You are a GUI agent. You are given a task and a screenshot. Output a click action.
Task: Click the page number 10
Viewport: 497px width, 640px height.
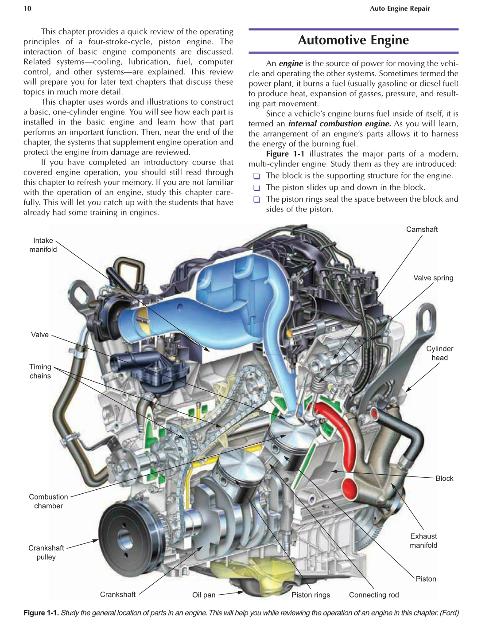pyautogui.click(x=27, y=8)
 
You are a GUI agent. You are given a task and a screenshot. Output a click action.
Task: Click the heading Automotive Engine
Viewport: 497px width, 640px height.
pyautogui.click(x=353, y=40)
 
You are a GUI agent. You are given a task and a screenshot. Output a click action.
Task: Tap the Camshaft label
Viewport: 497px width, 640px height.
pyautogui.click(x=422, y=229)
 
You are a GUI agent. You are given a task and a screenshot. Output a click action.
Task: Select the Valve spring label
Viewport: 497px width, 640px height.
pyautogui.click(x=433, y=278)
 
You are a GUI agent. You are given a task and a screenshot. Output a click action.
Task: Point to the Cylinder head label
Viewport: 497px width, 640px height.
pyautogui.click(x=439, y=353)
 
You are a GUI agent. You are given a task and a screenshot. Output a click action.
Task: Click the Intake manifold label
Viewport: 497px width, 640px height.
pyautogui.click(x=43, y=245)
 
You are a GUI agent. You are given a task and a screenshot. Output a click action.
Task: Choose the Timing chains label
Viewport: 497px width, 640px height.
pyautogui.click(x=40, y=371)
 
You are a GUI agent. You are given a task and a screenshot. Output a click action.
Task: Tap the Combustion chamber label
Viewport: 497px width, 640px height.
pyautogui.click(x=48, y=501)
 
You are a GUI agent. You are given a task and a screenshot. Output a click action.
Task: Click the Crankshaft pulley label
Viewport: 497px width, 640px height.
pyautogui.click(x=46, y=552)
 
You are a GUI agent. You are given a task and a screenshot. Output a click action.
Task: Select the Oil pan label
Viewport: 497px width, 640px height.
pyautogui.click(x=204, y=595)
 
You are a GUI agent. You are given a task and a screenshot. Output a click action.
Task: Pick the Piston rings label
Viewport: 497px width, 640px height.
pyautogui.click(x=311, y=595)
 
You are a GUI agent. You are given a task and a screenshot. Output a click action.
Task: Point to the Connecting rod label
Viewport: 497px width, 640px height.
pyautogui.click(x=374, y=595)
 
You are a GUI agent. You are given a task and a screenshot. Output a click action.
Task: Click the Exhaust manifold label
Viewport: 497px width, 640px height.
pyautogui.click(x=423, y=541)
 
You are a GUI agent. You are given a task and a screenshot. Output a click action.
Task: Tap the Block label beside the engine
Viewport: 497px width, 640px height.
pyautogui.click(x=444, y=478)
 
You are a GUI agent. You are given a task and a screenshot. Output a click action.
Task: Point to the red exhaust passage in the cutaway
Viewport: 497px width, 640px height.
pyautogui.click(x=346, y=443)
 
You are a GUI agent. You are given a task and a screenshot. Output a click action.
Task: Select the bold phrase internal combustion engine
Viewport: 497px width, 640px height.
pyautogui.click(x=339, y=124)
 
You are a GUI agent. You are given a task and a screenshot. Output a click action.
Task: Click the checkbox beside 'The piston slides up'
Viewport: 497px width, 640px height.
pyautogui.click(x=256, y=187)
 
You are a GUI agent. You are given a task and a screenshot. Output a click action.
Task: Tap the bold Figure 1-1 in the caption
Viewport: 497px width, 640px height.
pyautogui.click(x=41, y=613)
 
